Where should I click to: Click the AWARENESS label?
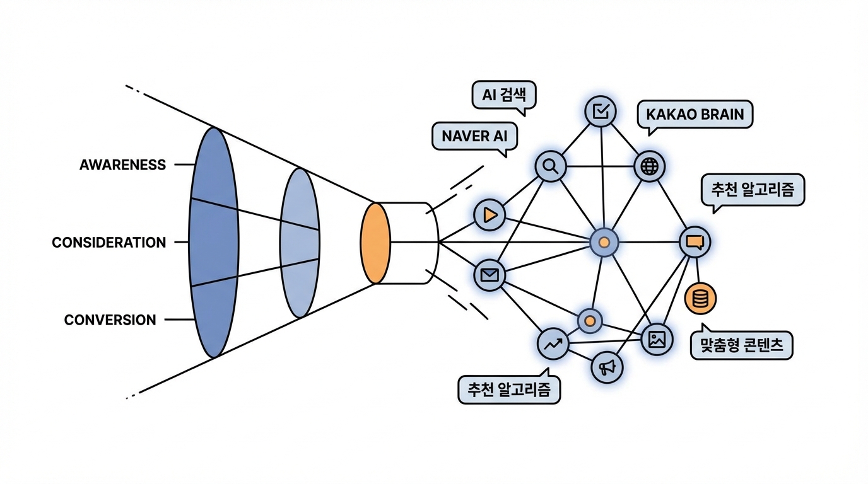point(122,165)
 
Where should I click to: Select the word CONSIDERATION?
point(108,243)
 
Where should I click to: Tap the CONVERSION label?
point(110,320)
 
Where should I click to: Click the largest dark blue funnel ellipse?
point(214,242)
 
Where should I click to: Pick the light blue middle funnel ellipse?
point(299,242)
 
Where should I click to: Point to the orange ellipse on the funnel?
point(375,243)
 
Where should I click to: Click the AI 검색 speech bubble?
point(503,96)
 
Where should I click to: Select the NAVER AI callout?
point(474,136)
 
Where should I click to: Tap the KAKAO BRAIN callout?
point(695,115)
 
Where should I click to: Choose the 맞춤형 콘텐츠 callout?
point(741,345)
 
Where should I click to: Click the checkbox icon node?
point(601,112)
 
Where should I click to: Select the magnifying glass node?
point(551,166)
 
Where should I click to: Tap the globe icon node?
point(648,166)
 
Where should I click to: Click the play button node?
point(490,215)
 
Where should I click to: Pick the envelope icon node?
point(490,275)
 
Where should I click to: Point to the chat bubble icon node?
point(695,242)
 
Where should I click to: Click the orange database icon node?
point(700,299)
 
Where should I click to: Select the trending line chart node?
point(553,344)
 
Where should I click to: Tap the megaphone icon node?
point(607,367)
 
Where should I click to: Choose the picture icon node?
point(657,340)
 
